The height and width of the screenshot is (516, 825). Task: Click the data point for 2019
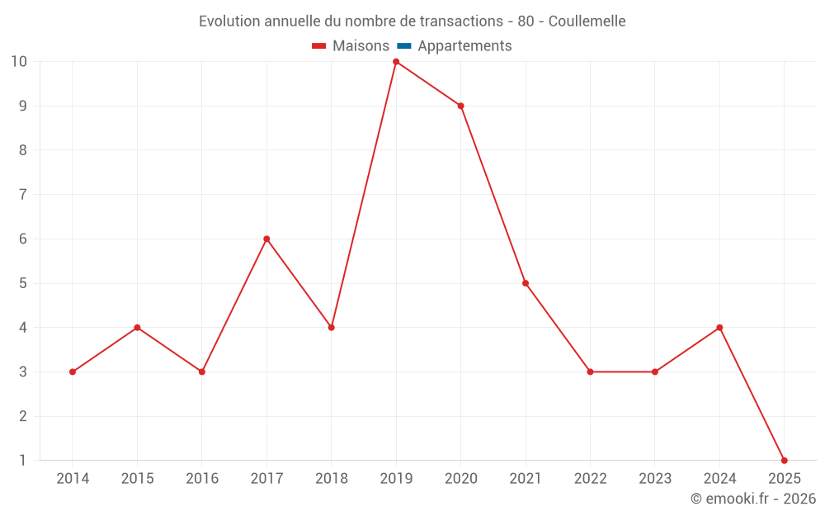pos(396,62)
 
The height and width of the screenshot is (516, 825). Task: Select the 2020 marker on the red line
pos(460,106)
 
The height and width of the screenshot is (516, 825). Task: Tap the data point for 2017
pos(266,239)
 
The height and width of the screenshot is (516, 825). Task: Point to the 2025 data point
pos(784,460)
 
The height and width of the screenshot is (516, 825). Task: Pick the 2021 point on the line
pos(526,283)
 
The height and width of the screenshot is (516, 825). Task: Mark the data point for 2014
pos(73,372)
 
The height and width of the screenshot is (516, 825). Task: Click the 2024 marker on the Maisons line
pos(719,328)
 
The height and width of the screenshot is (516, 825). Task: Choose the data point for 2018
pos(331,328)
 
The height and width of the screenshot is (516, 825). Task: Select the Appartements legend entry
pos(464,46)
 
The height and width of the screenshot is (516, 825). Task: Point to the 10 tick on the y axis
pos(18,62)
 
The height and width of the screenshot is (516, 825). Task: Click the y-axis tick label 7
pos(22,195)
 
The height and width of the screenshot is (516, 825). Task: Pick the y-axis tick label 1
pos(22,460)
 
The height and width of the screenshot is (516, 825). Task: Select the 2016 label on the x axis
pos(202,479)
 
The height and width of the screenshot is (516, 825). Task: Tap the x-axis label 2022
pos(590,479)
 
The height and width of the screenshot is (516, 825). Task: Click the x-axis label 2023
pos(655,479)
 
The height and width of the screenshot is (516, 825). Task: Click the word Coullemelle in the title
pos(587,21)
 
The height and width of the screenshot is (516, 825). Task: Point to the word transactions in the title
pos(463,21)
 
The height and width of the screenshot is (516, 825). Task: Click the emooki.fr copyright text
pos(753,499)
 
